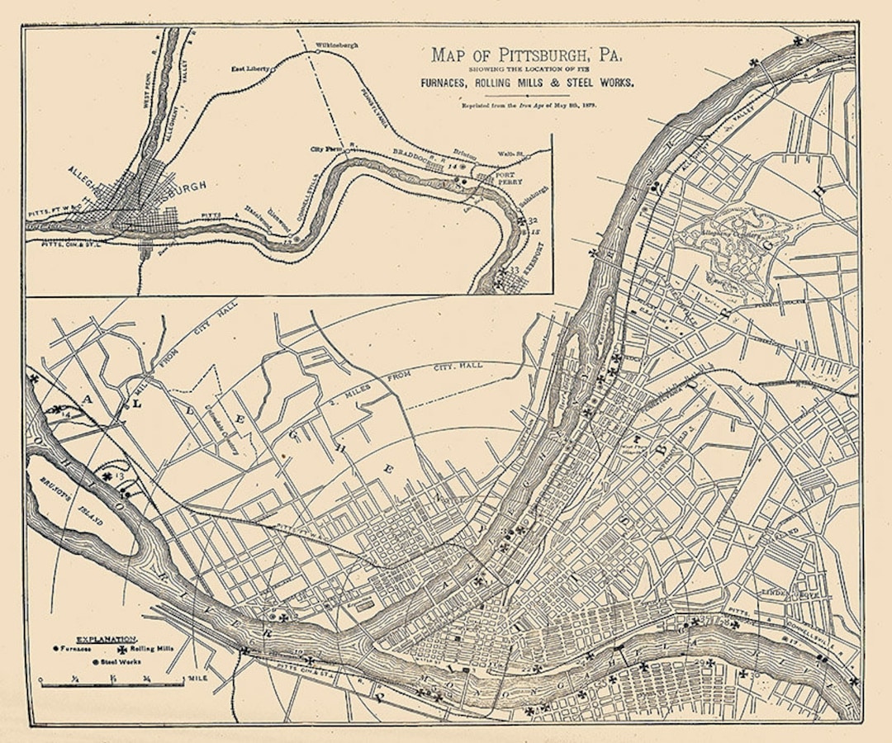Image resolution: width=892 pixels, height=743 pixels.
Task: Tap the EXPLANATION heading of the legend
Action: point(107,640)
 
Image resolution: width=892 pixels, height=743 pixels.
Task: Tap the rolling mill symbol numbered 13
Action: point(107,476)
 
